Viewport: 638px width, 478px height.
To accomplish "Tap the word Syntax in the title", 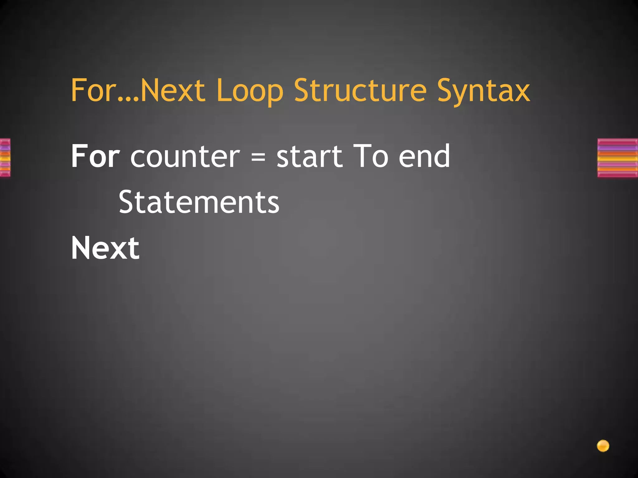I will tap(483, 91).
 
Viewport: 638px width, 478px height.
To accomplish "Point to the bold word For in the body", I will tap(95, 156).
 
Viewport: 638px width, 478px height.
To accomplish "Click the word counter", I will tap(185, 156).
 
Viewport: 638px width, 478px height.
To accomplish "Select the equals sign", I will tap(258, 157).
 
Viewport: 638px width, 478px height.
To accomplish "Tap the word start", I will tap(309, 156).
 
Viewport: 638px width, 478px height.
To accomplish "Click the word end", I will tap(424, 156).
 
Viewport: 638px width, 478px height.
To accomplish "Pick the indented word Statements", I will tap(199, 202).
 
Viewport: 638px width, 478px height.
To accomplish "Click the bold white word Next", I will tap(105, 248).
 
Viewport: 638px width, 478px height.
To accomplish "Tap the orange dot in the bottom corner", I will tap(603, 446).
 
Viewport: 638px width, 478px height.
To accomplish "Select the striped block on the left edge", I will tap(5, 158).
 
